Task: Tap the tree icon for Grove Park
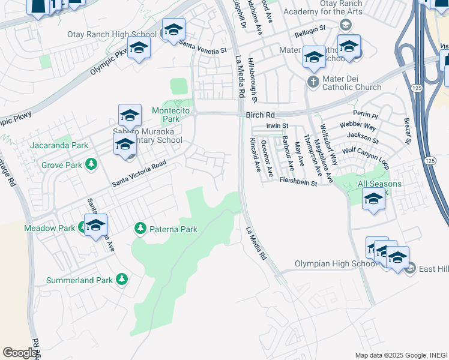coord(91,164)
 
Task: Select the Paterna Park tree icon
coord(140,228)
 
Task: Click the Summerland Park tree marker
coord(122,279)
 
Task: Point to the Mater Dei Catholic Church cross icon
coord(313,81)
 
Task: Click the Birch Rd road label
coord(260,115)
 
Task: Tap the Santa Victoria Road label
coord(138,173)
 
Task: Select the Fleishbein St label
coord(298,181)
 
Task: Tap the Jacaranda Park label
coord(59,145)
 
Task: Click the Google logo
coord(20,352)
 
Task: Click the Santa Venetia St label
coord(204,47)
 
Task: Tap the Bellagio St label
coord(313,28)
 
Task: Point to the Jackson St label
coord(367,140)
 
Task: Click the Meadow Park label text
coord(49,228)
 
